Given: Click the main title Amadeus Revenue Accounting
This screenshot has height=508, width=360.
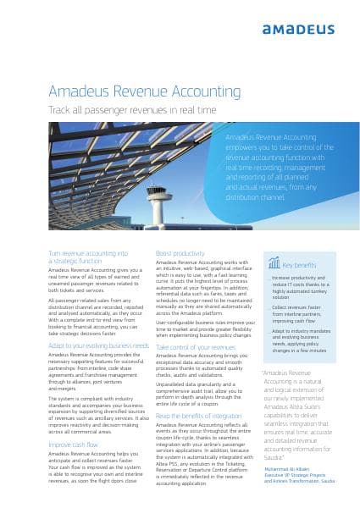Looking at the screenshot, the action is (144, 91).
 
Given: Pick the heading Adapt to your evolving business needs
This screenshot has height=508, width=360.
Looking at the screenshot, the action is (98, 345).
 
